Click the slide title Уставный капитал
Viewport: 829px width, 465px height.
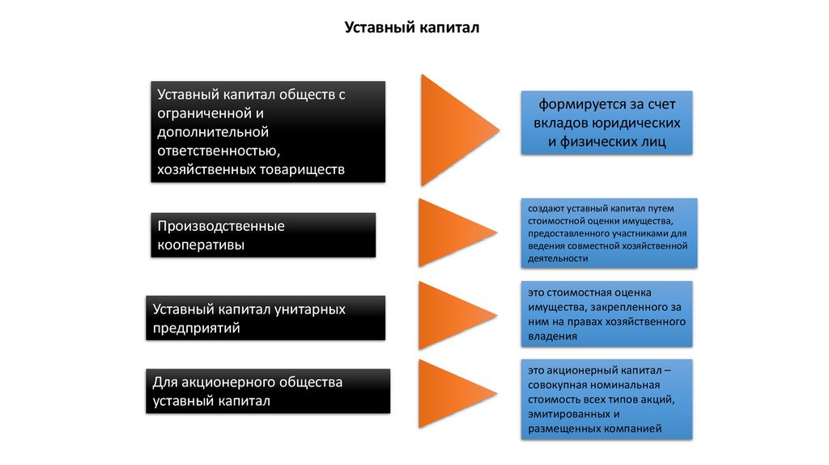click(x=413, y=28)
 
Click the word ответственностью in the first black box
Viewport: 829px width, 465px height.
click(x=219, y=151)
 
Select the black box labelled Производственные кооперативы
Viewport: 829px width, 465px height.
click(x=263, y=234)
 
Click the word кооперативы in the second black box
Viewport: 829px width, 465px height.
click(x=201, y=244)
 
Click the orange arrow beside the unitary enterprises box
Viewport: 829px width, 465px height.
click(x=450, y=317)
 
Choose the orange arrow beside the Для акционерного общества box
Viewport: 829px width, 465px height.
click(x=450, y=395)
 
